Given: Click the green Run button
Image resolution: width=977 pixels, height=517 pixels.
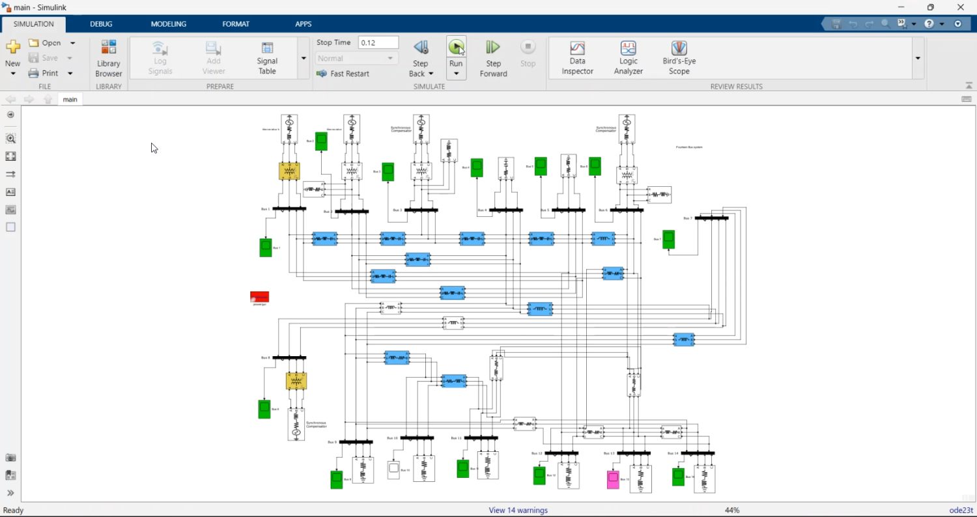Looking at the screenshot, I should [456, 47].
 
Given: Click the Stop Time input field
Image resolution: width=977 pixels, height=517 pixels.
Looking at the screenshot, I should [378, 42].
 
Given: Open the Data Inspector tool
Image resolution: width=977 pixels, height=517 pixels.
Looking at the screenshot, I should [578, 57].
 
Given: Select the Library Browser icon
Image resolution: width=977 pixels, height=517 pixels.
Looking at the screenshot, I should [109, 57].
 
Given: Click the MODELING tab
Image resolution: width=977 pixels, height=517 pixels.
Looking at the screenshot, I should [169, 24].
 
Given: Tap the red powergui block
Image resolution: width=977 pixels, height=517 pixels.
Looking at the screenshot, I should [259, 297].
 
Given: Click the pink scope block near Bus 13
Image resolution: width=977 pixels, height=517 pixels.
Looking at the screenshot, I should [613, 480].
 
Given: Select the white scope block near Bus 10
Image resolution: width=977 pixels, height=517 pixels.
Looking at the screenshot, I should [393, 470].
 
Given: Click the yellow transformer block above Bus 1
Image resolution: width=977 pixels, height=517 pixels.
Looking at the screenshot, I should [289, 171].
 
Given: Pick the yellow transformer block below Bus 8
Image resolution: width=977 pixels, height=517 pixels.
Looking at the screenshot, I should [296, 381].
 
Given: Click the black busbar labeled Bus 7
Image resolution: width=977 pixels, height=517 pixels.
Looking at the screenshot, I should [712, 218].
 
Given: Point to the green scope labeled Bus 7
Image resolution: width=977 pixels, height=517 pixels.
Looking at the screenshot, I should [668, 240].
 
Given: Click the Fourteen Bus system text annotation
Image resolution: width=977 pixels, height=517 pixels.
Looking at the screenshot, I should [689, 147].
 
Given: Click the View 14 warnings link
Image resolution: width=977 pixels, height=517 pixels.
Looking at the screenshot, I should [518, 510].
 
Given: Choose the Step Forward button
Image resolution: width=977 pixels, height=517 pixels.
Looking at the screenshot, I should [493, 57].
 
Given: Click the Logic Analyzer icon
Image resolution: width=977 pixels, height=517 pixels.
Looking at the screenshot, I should [628, 57].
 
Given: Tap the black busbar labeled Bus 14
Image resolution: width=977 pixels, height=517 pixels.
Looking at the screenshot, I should [698, 453].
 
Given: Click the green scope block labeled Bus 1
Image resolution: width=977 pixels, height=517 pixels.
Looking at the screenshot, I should [265, 248].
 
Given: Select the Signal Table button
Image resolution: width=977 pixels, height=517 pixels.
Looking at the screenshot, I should [267, 57].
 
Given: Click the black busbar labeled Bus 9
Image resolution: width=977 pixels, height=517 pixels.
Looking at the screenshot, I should [356, 442].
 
